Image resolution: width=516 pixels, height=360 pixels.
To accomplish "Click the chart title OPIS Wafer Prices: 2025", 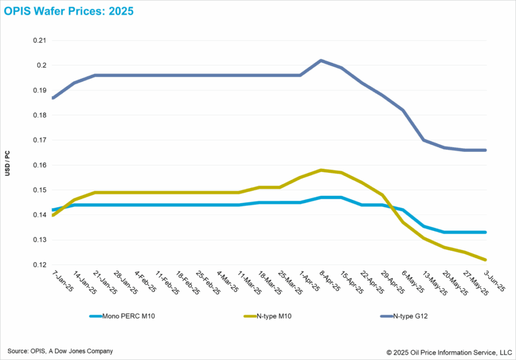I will pos(69,11).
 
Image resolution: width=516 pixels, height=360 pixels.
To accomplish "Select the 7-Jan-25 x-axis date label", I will pos(61,282).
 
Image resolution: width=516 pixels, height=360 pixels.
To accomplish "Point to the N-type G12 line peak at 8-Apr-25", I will pos(321,60).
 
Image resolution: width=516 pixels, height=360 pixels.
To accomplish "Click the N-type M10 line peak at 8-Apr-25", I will pos(321,170).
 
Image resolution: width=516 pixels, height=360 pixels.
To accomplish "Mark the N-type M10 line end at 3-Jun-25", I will pos(486,259).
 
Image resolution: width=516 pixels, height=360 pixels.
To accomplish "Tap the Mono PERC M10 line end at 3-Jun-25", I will pos(486,232).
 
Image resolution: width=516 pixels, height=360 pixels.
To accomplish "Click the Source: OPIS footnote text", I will pos(60,351).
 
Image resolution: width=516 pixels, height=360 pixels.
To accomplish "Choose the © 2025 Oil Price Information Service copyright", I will pos(449,352).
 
